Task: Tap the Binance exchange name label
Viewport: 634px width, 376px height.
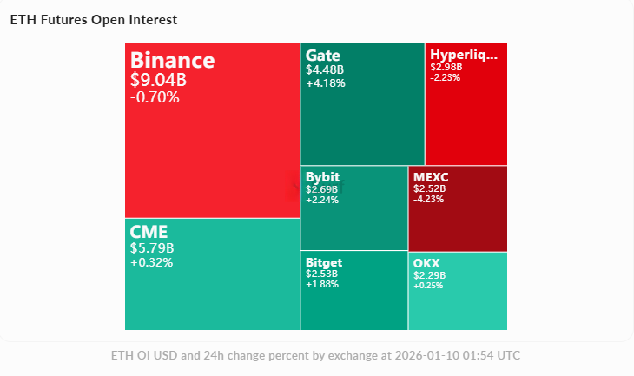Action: (x=172, y=61)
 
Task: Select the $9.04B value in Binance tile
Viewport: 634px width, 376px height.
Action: (x=158, y=81)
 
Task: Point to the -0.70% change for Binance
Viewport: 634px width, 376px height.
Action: (x=155, y=97)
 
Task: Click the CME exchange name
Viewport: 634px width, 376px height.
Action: (x=149, y=232)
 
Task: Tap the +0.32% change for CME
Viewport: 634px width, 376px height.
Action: (x=151, y=262)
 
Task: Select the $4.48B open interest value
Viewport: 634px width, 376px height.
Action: (x=325, y=69)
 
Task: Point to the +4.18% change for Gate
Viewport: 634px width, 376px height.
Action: (x=326, y=83)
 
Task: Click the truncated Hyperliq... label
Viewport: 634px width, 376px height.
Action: (x=464, y=55)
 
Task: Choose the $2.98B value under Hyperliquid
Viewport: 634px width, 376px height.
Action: (x=446, y=67)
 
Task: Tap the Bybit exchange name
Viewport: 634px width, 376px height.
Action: (x=323, y=177)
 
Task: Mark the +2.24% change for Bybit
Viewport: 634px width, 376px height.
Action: (x=322, y=199)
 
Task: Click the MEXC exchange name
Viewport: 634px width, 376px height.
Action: (x=431, y=177)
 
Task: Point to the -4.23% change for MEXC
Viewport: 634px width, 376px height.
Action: (x=429, y=199)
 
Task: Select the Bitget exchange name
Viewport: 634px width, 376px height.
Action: (x=324, y=262)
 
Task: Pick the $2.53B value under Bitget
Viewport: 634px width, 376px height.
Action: (x=321, y=274)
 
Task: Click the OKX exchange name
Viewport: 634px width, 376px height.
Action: (x=426, y=262)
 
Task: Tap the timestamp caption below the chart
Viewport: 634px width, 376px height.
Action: (x=316, y=356)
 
